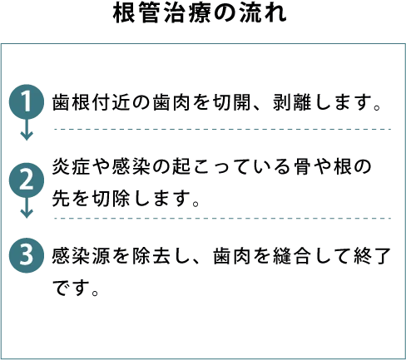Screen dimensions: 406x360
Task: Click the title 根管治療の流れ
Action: click(200, 13)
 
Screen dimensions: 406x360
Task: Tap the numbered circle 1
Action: click(27, 102)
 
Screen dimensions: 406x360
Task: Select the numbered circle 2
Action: click(27, 180)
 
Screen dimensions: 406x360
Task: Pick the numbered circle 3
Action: click(27, 255)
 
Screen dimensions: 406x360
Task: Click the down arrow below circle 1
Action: click(27, 130)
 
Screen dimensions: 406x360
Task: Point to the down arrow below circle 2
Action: click(27, 208)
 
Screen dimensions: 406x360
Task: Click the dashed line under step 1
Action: click(223, 129)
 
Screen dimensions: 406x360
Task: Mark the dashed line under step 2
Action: click(223, 219)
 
